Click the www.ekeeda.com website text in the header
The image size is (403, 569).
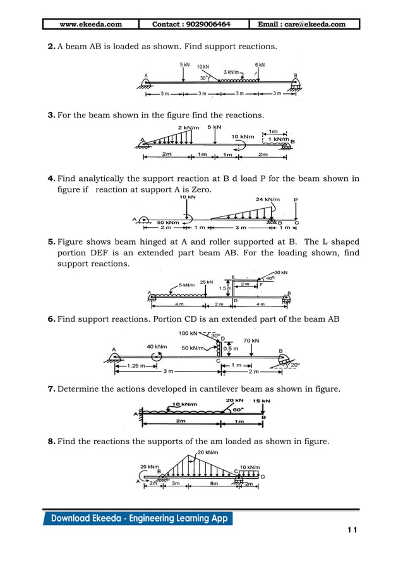90,25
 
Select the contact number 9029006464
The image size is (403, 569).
191,25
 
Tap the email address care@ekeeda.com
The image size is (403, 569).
302,25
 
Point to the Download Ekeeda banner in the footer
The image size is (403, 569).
138,519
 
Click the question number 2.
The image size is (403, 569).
51,47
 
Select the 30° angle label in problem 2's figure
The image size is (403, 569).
204,79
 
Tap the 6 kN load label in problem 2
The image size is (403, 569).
260,65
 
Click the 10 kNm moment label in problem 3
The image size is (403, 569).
243,137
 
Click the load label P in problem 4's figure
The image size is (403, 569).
296,199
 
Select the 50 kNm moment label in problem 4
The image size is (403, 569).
167,222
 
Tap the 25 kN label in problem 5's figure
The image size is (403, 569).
206,281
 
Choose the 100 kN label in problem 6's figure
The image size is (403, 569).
188,333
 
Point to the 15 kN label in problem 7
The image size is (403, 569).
262,401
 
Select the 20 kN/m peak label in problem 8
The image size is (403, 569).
208,452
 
